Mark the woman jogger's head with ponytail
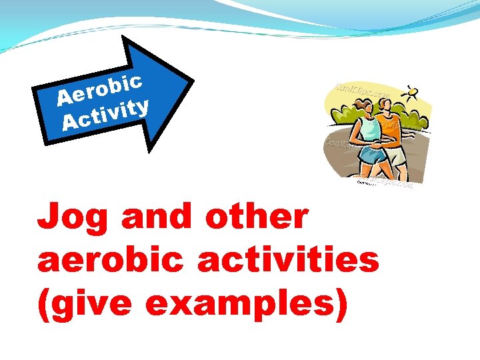click(365, 107)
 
